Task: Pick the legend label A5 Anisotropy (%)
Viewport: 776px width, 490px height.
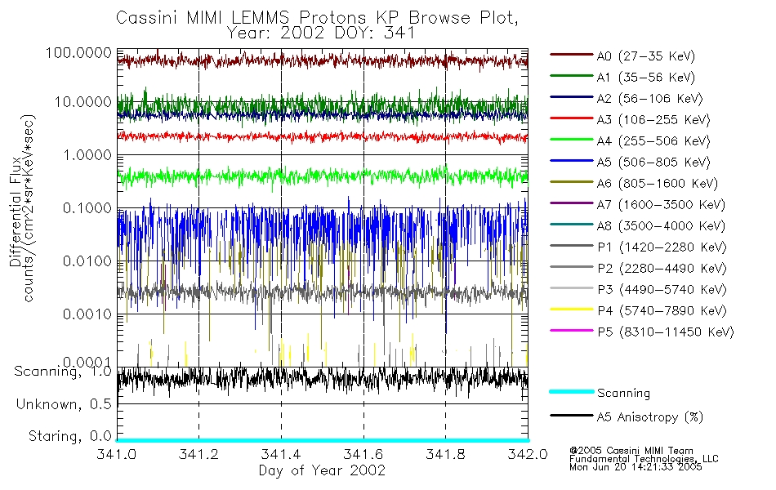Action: pyautogui.click(x=650, y=417)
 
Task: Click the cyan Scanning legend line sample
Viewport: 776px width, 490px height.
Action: pyautogui.click(x=571, y=393)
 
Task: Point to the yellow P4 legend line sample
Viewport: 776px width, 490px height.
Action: pyautogui.click(x=571, y=311)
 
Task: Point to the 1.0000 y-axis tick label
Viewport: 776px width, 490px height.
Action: pyautogui.click(x=85, y=155)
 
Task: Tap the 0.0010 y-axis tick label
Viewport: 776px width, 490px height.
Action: pyautogui.click(x=85, y=314)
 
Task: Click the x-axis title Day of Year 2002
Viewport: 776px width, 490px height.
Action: pyautogui.click(x=322, y=470)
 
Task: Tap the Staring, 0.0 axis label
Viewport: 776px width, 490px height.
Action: pyautogui.click(x=69, y=435)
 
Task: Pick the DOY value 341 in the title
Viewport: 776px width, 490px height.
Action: pyautogui.click(x=402, y=33)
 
